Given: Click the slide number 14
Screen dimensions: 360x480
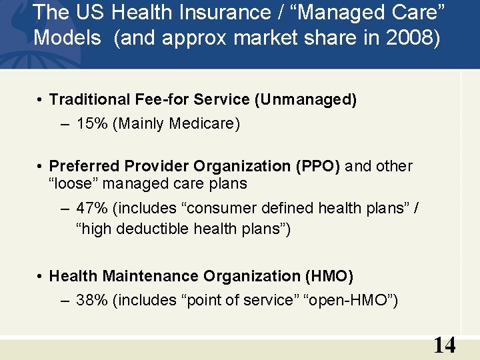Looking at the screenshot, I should [445, 345].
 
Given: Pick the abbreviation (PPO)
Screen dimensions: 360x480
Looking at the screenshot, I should [317, 166].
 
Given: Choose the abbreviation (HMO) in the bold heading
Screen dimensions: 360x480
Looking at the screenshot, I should [329, 276].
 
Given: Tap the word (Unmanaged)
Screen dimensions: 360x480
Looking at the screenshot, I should [306, 100].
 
